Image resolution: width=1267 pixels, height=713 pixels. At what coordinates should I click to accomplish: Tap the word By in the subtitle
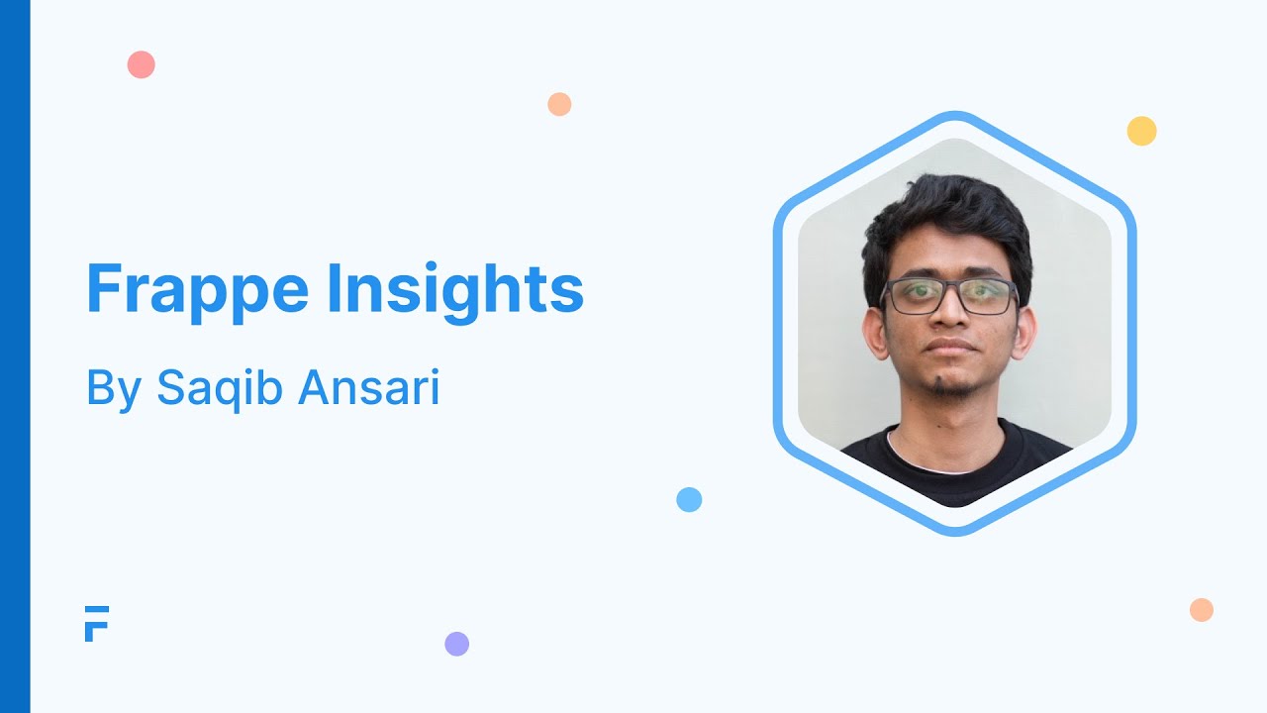[111, 388]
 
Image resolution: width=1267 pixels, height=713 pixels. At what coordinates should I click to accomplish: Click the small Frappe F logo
[96, 623]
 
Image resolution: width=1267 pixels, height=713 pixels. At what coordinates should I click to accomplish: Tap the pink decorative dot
[142, 65]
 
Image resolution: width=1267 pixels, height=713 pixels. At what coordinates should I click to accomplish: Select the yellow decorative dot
[1141, 131]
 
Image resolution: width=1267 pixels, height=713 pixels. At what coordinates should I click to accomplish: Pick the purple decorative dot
[456, 644]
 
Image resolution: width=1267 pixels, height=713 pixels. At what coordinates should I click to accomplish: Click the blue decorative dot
[689, 499]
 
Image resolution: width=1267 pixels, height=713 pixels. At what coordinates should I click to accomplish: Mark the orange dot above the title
[559, 104]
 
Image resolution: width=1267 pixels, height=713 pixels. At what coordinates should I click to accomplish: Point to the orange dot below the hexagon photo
[1202, 610]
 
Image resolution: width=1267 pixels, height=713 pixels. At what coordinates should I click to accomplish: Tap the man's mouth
[949, 348]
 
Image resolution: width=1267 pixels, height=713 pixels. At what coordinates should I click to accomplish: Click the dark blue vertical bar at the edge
[15, 356]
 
